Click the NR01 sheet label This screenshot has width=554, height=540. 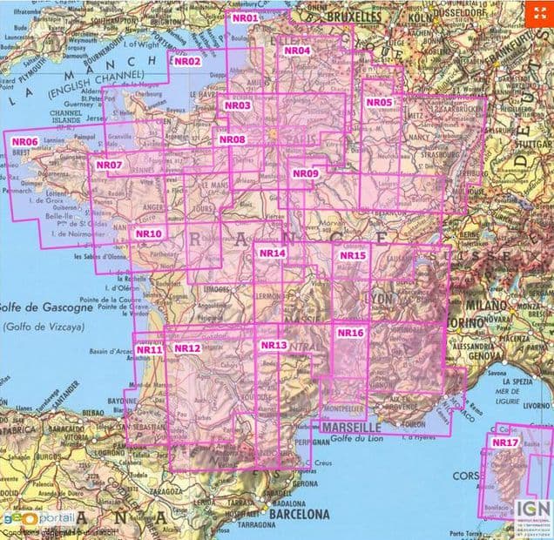(246, 17)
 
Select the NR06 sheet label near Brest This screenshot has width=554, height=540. (24, 141)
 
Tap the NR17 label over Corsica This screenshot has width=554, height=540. (504, 442)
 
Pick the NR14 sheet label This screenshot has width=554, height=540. (272, 253)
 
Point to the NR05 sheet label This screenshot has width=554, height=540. (380, 103)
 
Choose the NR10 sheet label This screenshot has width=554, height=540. (149, 233)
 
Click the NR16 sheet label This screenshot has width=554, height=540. (349, 333)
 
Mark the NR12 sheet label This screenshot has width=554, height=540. (187, 348)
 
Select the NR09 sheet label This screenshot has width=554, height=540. (306, 173)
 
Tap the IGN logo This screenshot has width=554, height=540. (529, 510)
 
